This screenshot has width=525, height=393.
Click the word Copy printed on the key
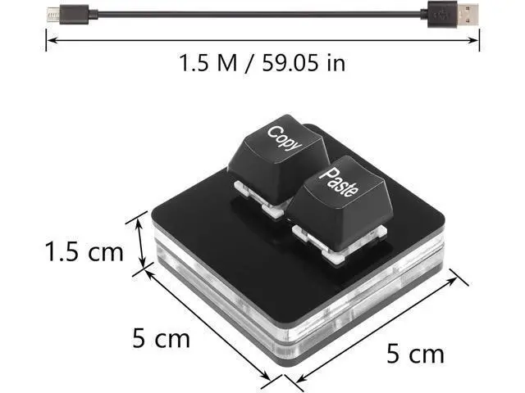(x=285, y=138)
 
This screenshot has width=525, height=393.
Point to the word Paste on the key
(x=339, y=183)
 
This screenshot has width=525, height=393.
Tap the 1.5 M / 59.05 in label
(x=262, y=63)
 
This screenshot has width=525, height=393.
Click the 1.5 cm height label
(x=84, y=252)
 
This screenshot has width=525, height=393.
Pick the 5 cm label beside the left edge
(x=162, y=338)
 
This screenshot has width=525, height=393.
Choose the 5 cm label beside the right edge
(x=416, y=354)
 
